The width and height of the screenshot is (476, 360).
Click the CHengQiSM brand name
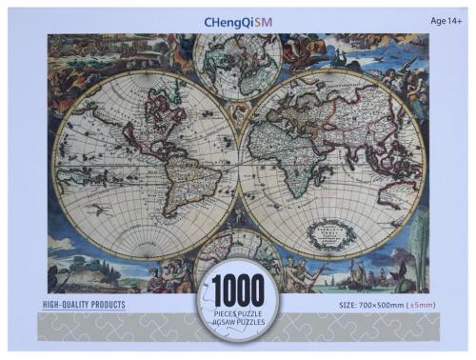(237, 19)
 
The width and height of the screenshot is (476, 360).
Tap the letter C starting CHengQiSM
(208, 19)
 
